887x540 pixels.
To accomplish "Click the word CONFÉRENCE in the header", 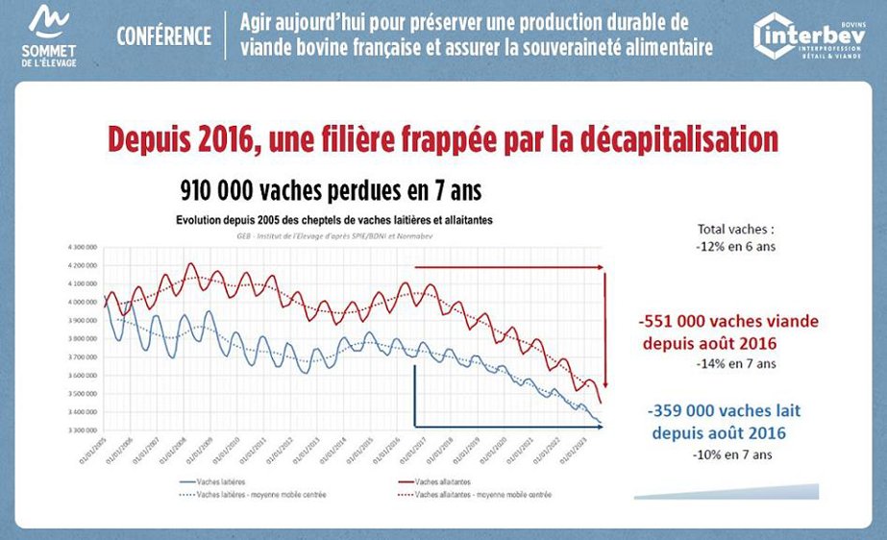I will click(x=163, y=37).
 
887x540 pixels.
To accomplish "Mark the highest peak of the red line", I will click(x=190, y=263).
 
